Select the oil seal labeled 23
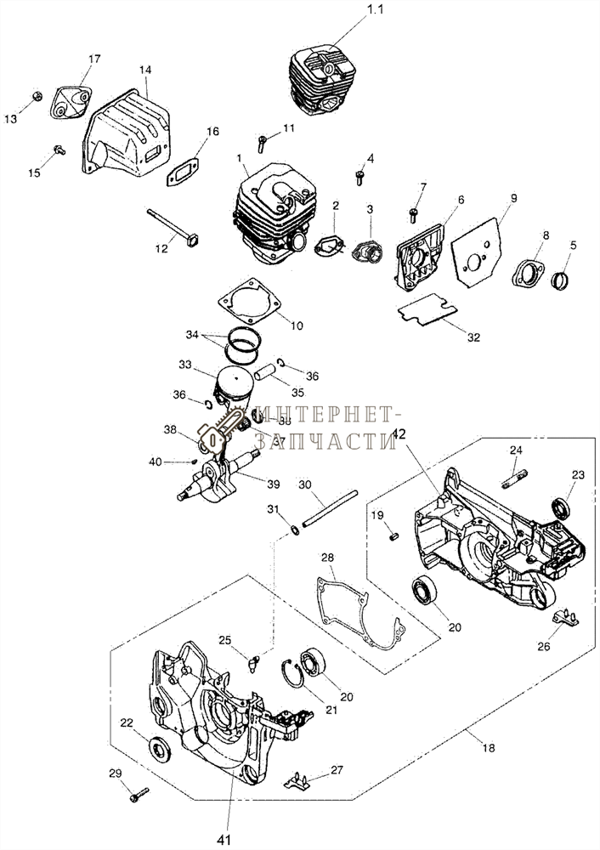tap(561, 509)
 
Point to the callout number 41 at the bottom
tap(224, 840)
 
